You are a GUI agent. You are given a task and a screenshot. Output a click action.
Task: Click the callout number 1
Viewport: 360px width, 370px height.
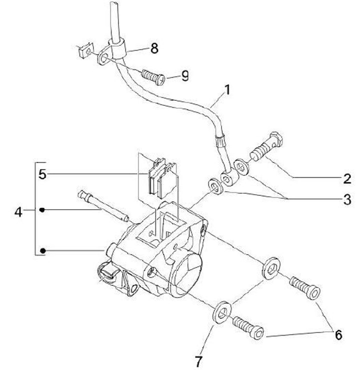[227, 91]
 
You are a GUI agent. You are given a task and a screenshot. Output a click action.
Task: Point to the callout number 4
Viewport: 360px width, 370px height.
[18, 212]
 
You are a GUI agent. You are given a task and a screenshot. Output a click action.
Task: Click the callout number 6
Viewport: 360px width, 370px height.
[338, 334]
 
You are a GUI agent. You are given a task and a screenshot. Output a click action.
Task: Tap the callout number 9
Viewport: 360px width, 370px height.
[185, 76]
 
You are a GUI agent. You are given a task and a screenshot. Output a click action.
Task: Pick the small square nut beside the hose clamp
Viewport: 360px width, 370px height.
[83, 50]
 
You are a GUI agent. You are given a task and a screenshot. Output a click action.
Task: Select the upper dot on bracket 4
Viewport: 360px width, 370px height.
[43, 210]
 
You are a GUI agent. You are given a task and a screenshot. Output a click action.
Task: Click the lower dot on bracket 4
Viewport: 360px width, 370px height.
[43, 250]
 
